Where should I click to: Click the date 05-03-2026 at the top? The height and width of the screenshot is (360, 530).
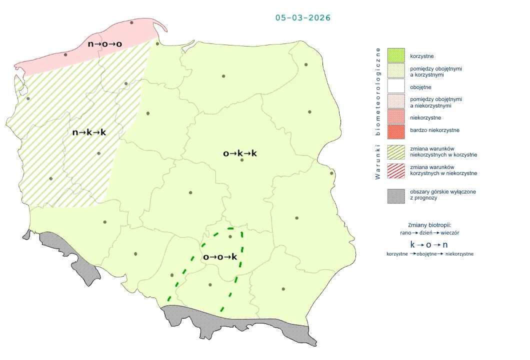(302, 17)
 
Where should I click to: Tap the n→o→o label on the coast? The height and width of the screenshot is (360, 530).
(105, 44)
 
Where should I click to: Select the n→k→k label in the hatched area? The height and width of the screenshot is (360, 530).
(89, 132)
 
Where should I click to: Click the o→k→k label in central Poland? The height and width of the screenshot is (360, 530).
(240, 153)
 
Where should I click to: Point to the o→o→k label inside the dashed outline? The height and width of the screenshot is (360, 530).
(220, 257)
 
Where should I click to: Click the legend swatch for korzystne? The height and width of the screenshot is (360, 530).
(395, 55)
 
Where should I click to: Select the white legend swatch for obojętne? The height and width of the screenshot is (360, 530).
(395, 87)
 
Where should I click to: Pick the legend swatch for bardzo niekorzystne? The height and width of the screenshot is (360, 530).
(395, 130)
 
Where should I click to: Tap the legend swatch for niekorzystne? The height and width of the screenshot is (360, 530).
(395, 117)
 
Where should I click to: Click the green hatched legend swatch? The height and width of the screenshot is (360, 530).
(395, 152)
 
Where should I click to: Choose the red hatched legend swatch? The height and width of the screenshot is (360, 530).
(395, 170)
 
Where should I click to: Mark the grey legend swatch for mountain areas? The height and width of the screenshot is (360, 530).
(395, 195)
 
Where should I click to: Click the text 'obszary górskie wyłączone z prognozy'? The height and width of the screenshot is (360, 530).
(435, 194)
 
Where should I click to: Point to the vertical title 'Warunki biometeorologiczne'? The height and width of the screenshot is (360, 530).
(378, 113)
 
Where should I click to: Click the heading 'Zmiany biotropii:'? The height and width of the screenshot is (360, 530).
(429, 224)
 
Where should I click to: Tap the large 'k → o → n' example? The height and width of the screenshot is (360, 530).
(429, 244)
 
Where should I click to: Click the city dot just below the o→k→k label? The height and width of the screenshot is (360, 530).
(242, 160)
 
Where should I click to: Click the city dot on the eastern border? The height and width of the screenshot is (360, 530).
(331, 173)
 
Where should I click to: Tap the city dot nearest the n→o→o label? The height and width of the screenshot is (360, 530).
(131, 22)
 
